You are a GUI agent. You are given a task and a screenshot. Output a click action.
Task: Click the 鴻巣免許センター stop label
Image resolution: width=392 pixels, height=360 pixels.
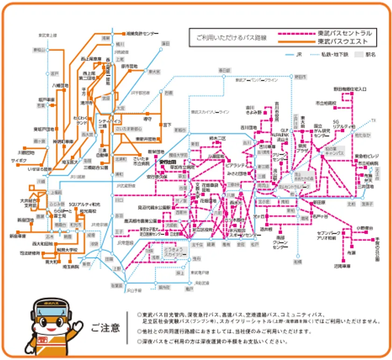pos(141,34)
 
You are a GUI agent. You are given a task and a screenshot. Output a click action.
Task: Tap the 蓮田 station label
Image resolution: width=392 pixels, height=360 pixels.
pos(165,43)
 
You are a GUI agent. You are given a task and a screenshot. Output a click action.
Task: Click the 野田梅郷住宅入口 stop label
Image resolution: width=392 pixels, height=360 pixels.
pos(350,88)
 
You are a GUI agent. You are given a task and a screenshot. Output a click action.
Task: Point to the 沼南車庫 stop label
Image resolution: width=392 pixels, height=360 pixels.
pos(342,265)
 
